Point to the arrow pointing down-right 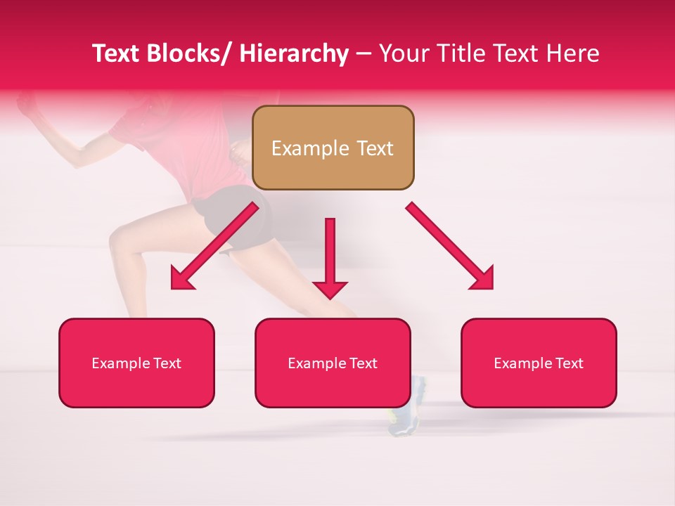[450, 247]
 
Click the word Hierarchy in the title [294, 53]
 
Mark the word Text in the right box [568, 363]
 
